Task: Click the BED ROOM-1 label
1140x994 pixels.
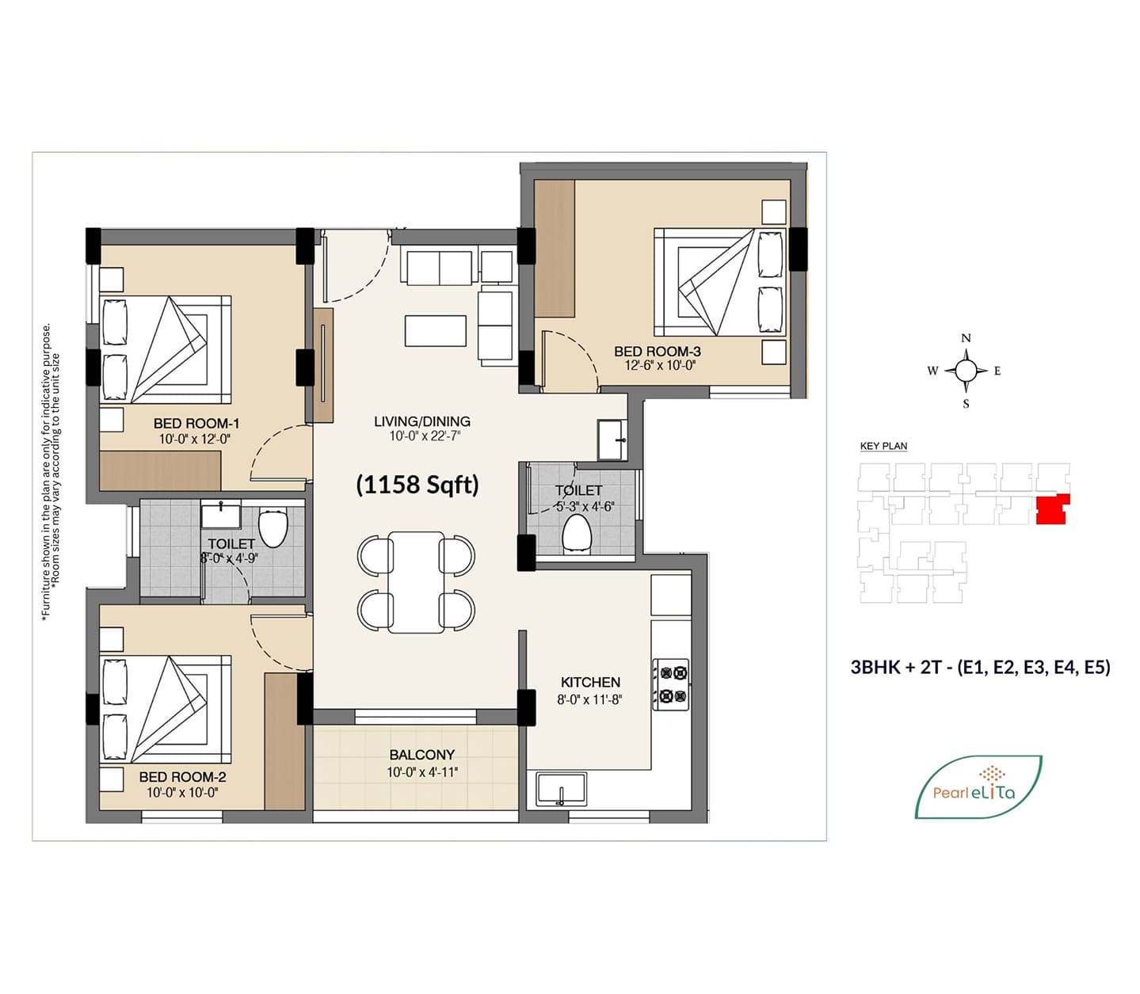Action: click(196, 423)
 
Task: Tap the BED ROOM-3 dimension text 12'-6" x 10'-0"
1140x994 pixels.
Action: click(661, 365)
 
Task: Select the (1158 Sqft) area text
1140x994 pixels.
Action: click(417, 485)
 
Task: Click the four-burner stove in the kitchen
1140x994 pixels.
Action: click(671, 684)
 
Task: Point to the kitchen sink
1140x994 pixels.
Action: click(561, 788)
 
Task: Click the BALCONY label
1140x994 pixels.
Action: click(421, 755)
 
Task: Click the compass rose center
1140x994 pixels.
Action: click(967, 370)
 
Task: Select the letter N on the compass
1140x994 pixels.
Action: click(967, 338)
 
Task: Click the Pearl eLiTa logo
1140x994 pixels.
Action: click(978, 786)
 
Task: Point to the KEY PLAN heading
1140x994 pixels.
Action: click(883, 446)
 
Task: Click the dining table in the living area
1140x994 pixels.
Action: click(416, 582)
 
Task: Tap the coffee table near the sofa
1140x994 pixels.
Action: click(435, 331)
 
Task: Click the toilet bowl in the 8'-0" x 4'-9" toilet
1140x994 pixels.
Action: click(273, 528)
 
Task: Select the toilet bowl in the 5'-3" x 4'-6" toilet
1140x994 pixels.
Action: click(576, 534)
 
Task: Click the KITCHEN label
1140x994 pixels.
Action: click(590, 682)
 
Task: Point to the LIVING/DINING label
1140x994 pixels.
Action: click(422, 421)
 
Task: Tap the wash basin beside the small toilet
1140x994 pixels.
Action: click(612, 440)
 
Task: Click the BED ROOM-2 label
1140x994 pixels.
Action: click(182, 777)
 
